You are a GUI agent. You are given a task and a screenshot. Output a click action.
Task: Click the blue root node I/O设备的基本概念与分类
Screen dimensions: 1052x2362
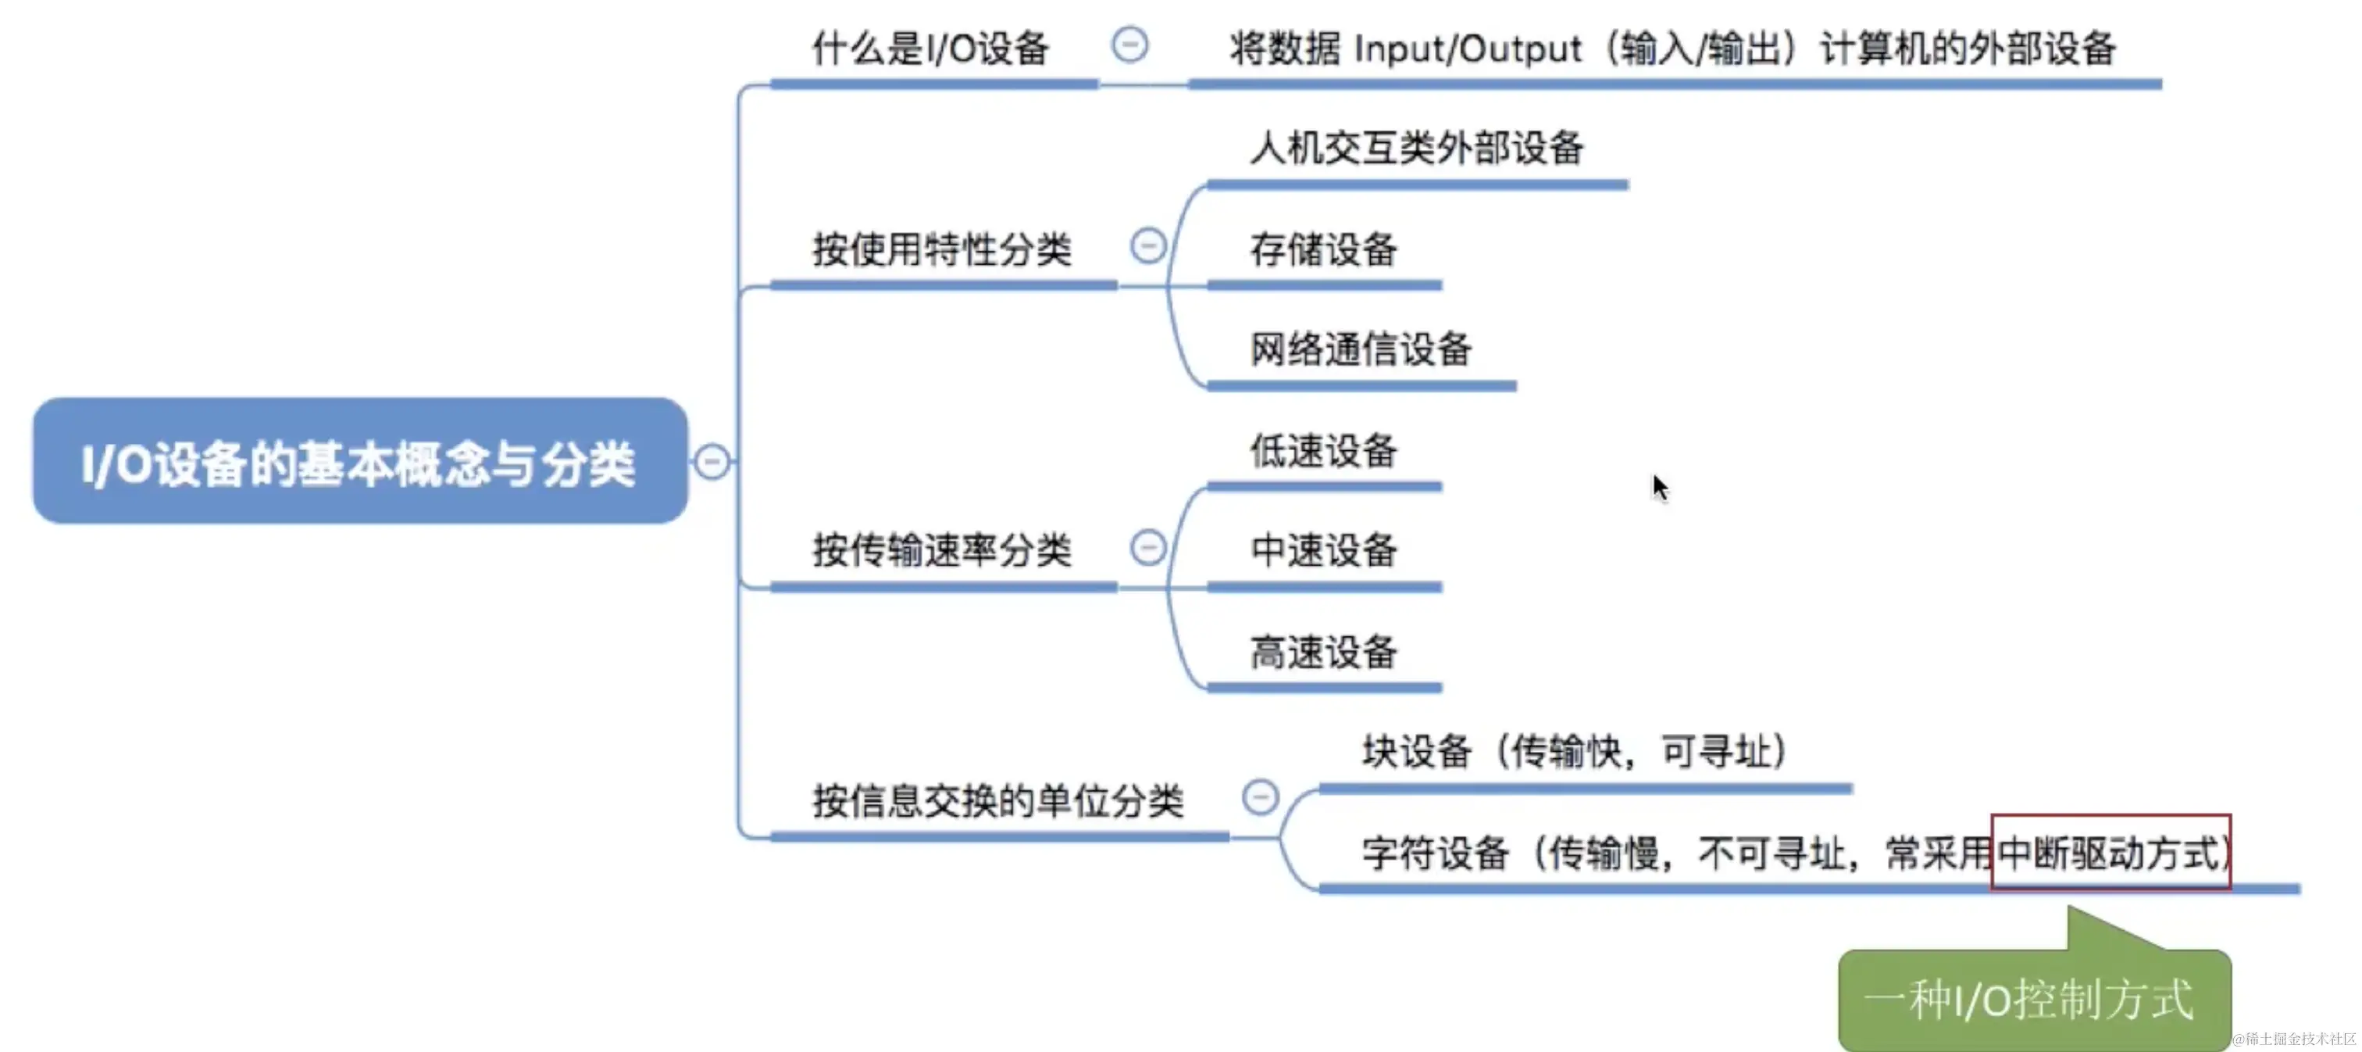359,461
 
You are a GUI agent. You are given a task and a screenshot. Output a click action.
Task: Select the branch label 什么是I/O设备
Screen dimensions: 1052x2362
931,48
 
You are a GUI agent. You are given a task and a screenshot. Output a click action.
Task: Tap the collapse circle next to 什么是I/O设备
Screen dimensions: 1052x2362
1129,44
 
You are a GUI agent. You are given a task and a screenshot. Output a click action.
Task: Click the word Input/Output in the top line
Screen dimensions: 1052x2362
1467,48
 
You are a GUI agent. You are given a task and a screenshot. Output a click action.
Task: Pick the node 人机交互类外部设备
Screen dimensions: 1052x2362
1417,148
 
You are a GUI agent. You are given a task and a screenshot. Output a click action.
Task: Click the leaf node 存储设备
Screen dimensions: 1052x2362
1323,249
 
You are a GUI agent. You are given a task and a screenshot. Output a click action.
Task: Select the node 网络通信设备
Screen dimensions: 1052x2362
1361,349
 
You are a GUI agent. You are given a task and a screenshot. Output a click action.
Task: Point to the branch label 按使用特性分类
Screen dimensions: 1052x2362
942,249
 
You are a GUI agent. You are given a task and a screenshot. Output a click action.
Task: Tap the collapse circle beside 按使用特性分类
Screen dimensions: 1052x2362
1148,245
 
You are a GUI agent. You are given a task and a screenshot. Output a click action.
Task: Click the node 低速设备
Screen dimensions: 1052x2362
1323,450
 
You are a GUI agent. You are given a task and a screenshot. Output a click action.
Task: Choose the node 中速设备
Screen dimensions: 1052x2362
1323,550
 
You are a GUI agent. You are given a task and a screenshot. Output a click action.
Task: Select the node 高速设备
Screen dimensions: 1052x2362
1323,652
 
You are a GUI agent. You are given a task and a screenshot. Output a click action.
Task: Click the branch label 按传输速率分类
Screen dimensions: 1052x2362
942,550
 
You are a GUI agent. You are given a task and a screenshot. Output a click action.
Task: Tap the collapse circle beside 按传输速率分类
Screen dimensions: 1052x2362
1148,548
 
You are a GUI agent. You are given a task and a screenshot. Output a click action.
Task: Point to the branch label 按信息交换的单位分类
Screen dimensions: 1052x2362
997,800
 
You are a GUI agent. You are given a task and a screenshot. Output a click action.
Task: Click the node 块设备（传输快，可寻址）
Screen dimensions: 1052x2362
1573,751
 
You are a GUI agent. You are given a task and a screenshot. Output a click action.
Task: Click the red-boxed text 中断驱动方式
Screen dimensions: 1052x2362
2110,853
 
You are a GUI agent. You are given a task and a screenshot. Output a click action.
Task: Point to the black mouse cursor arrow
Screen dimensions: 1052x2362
1660,487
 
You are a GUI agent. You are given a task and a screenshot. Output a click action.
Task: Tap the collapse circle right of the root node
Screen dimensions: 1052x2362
712,461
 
